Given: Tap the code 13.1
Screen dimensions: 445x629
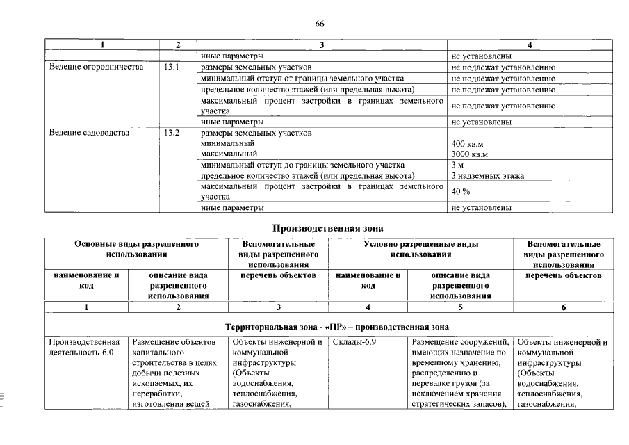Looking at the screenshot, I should point(172,67).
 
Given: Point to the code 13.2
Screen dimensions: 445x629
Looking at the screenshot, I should point(172,133).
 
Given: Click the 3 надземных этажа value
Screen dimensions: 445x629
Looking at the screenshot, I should point(487,176).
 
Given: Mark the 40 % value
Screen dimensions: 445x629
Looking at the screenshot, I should point(461,192).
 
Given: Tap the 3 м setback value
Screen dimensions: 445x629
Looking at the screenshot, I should point(457,165).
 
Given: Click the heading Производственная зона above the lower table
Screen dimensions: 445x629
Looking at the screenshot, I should point(327,227).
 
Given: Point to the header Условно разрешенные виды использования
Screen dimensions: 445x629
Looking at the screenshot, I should point(420,250).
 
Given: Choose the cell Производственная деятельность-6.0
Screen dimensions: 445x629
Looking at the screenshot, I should point(85,347).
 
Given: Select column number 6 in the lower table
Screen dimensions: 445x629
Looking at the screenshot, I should point(564,307).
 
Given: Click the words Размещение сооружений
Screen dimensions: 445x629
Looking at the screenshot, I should point(460,342).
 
